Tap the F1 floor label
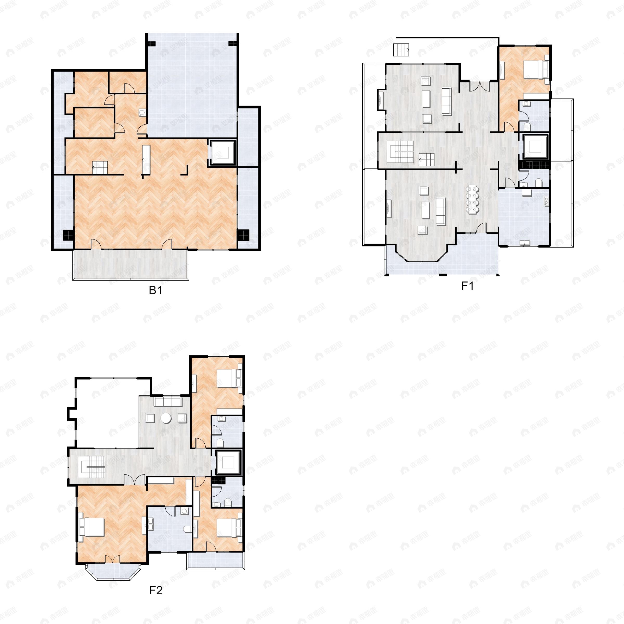[467, 286]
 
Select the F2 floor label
[156, 590]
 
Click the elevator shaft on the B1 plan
[223, 153]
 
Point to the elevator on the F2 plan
[228, 463]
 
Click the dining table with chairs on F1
[472, 199]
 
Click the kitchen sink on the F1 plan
[546, 201]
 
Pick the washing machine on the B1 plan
[142, 112]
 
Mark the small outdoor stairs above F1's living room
[401, 50]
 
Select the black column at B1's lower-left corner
[68, 235]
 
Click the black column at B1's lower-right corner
[243, 235]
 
